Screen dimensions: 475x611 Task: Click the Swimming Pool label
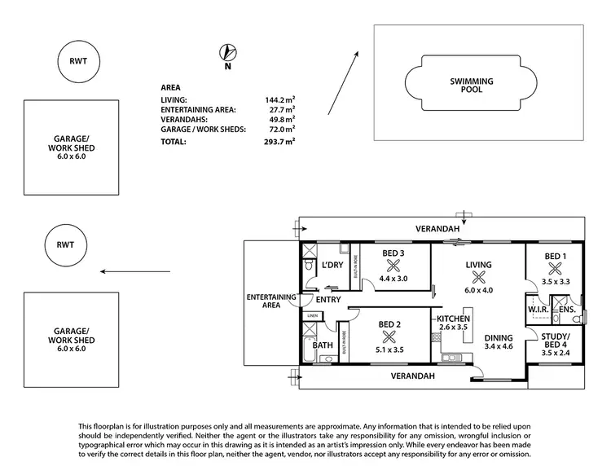(466, 85)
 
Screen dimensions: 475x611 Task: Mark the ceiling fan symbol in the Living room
(477, 276)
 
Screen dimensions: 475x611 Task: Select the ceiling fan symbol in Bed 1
(555, 266)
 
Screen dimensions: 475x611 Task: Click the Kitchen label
(452, 319)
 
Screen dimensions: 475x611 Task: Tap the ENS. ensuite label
(568, 310)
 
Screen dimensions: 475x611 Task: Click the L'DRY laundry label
(332, 266)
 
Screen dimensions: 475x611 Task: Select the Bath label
(323, 345)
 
